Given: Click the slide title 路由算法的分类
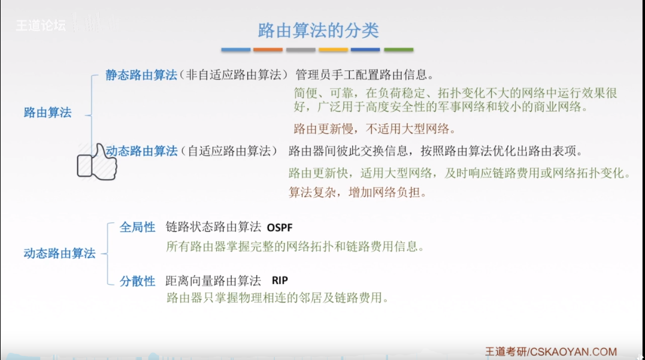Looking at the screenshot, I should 318,31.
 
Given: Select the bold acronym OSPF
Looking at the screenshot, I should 280,228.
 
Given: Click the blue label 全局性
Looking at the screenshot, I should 137,227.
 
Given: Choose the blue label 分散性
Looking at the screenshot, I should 137,281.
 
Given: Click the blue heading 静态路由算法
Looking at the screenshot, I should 141,75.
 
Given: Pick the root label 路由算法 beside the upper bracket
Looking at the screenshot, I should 47,112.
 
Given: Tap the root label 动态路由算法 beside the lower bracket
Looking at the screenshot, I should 59,253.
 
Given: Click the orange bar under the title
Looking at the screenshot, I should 268,50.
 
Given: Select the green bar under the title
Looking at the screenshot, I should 398,50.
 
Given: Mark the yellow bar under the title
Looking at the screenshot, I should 333,50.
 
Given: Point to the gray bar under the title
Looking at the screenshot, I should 301,50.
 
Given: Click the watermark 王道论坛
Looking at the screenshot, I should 41,26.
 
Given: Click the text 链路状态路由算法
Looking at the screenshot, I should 213,227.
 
